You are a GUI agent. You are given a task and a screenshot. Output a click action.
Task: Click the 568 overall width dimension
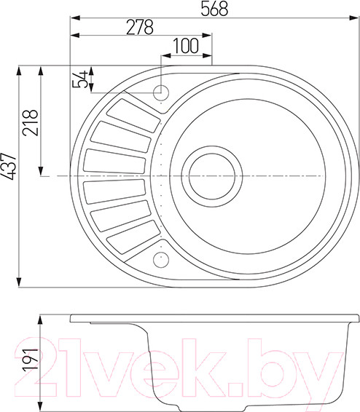click(215, 9)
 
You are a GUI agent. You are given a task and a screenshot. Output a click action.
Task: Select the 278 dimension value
click(138, 27)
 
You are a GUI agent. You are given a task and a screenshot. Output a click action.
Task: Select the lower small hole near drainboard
click(160, 258)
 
